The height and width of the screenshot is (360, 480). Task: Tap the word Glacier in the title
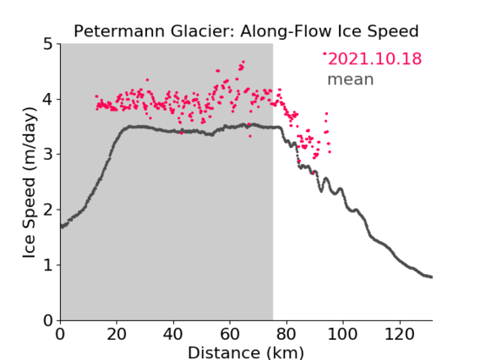[x=203, y=31]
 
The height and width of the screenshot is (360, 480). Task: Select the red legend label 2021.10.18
[x=374, y=59]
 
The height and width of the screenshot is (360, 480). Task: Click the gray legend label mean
[x=351, y=79]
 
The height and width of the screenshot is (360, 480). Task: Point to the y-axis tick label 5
[x=48, y=44]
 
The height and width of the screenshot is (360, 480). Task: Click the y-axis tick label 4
[x=48, y=100]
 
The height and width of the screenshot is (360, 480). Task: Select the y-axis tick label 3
[x=48, y=155]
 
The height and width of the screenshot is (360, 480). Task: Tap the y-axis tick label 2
[x=48, y=210]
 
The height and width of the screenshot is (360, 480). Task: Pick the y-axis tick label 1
[x=48, y=265]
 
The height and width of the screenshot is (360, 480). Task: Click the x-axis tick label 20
[x=117, y=334]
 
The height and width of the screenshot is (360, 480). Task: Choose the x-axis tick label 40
[x=173, y=334]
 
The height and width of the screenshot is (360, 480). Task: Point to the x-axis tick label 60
[x=230, y=334]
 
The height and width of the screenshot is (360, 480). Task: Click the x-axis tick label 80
[x=286, y=334]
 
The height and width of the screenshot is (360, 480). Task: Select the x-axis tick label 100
[x=342, y=334]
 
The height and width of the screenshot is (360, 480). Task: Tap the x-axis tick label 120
[x=399, y=334]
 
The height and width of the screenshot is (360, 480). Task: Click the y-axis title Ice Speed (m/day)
[x=30, y=183]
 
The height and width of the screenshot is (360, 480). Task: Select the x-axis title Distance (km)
[x=246, y=353]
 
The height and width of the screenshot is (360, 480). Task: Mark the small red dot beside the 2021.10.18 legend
[x=325, y=53]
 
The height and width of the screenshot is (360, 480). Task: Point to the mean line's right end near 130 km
[x=431, y=277]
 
